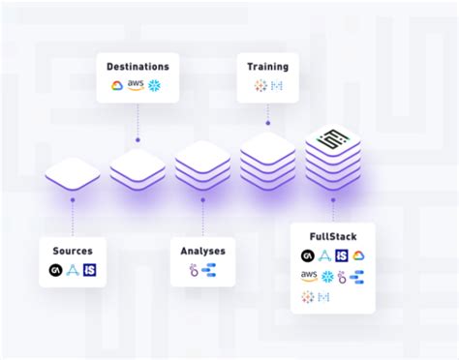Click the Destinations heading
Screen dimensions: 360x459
point(138,67)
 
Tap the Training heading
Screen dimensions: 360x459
point(268,67)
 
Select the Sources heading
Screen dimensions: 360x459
point(72,250)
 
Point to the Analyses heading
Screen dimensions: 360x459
point(202,251)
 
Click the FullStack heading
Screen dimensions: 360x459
point(332,236)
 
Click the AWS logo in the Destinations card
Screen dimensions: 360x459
point(137,86)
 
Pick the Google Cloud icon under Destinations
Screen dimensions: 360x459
point(118,86)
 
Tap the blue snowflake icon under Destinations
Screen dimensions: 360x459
point(154,86)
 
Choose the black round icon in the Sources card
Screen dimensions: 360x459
point(55,270)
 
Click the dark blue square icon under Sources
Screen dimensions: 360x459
point(90,270)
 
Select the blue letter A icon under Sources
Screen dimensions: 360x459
point(73,270)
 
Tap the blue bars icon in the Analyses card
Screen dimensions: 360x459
point(209,270)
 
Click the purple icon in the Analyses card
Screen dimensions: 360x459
point(194,270)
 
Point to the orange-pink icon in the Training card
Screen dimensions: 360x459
point(260,86)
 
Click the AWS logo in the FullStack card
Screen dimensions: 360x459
point(308,277)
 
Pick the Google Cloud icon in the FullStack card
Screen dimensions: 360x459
point(358,255)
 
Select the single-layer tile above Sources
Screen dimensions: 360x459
point(73,175)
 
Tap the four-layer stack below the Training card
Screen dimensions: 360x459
point(267,161)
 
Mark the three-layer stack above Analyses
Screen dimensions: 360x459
point(202,165)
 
